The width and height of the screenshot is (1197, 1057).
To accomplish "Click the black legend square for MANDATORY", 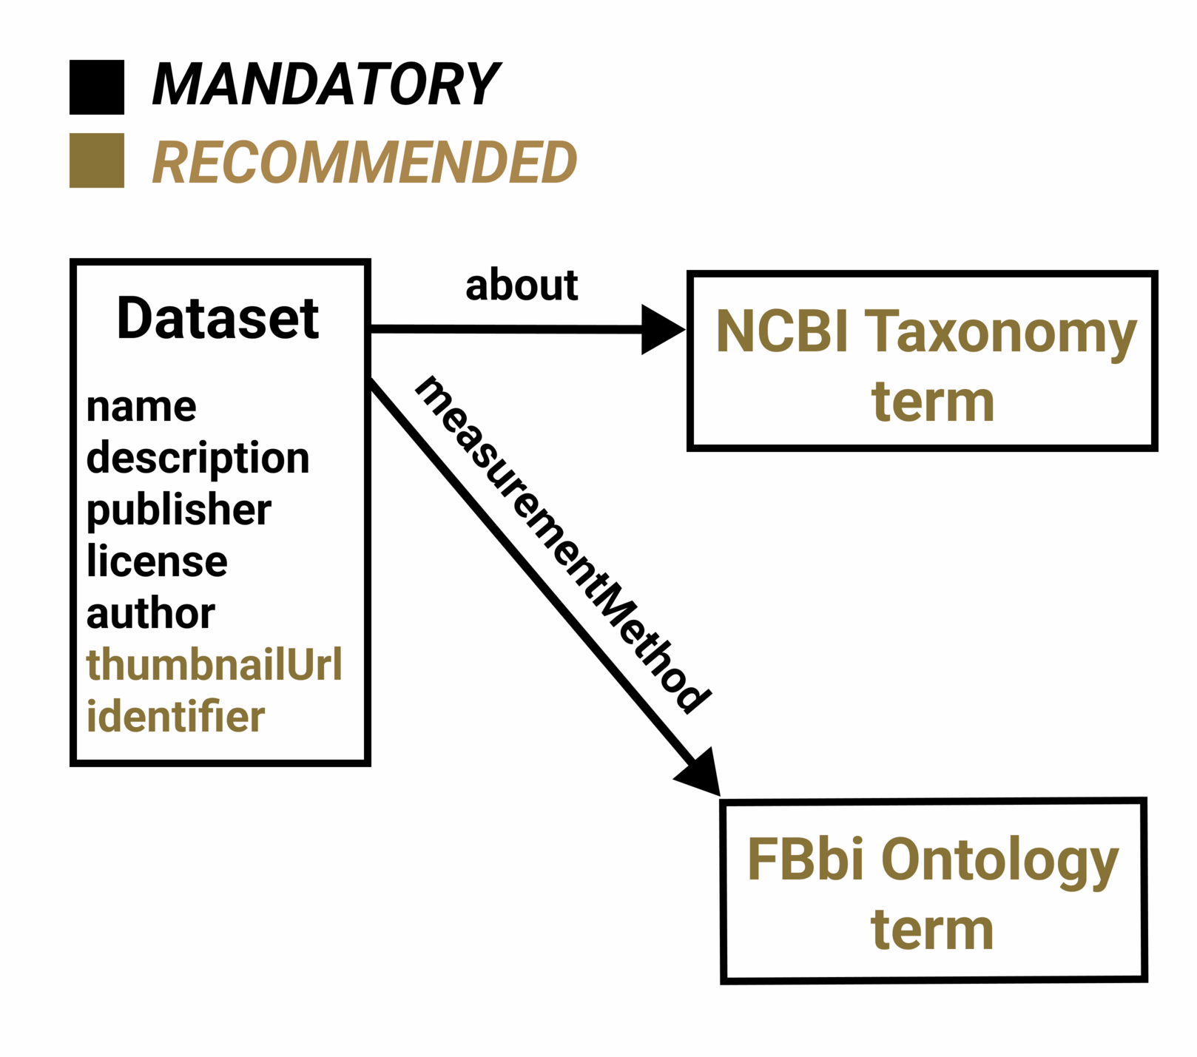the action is coord(97,87).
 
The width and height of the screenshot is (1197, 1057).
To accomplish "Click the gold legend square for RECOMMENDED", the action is coord(97,161).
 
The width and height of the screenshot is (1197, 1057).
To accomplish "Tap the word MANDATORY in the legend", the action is coord(326,84).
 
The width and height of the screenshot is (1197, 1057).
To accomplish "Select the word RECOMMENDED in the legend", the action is coord(364,163).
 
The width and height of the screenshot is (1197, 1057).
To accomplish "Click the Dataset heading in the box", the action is coord(218,319).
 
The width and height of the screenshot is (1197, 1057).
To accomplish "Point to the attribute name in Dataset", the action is coord(141,407).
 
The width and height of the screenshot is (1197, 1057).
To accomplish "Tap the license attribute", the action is coord(157,561).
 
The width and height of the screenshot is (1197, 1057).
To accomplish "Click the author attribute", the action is coord(151,614).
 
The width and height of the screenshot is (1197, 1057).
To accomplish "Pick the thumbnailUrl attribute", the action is coord(215,664).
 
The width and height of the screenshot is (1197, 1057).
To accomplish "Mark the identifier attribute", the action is coord(175,716).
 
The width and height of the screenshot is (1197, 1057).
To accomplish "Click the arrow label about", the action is coord(522,286).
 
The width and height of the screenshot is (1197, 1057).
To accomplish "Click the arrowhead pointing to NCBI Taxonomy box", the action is coord(663,329).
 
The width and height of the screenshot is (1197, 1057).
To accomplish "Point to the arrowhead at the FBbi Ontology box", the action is coord(700,774).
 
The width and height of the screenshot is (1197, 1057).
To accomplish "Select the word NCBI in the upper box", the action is coord(782,331).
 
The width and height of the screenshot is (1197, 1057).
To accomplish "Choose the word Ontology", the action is coord(999,863).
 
